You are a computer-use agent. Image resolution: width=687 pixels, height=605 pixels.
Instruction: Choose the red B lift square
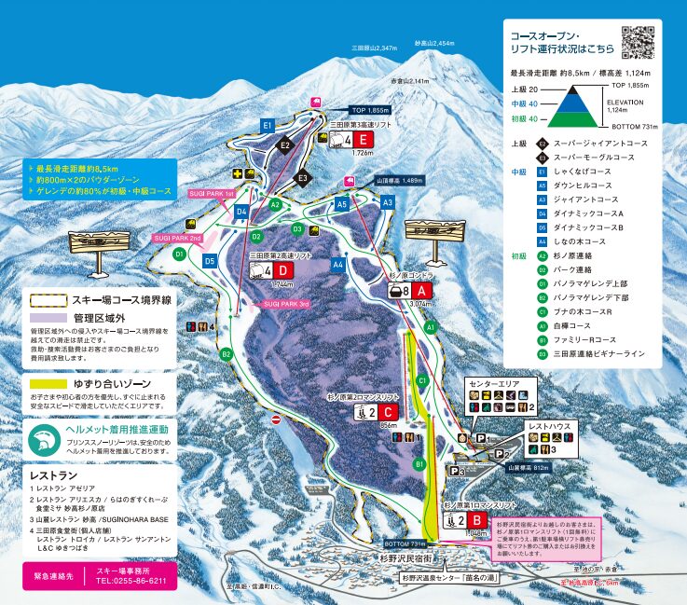pyautogui.click(x=475, y=520)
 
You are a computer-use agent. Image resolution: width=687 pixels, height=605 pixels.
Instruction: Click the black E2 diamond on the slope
pyautogui.click(x=285, y=144)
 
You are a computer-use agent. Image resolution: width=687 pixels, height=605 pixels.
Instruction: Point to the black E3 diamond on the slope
pyautogui.click(x=302, y=177)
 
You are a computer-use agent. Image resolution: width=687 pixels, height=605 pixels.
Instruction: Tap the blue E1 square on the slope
pyautogui.click(x=268, y=125)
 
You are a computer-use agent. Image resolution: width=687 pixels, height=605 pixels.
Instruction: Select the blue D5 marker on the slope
pyautogui.click(x=210, y=262)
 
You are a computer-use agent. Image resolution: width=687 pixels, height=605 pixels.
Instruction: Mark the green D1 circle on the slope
pyautogui.click(x=179, y=253)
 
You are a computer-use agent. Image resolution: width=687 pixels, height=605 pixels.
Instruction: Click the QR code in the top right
pyautogui.click(x=639, y=41)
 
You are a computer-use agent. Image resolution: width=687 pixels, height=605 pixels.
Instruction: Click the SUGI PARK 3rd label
pyautogui.click(x=285, y=304)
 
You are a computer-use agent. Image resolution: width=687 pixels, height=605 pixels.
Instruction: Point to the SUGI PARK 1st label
pyautogui.click(x=211, y=193)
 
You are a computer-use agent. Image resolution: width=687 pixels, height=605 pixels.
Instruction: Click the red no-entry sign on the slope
pyautogui.click(x=275, y=420)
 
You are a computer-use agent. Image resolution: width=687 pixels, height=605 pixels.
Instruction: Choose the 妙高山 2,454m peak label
pyautogui.click(x=433, y=43)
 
